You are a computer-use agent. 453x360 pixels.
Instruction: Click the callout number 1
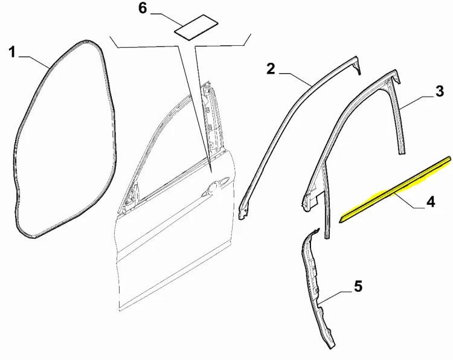pyautogui.click(x=12, y=53)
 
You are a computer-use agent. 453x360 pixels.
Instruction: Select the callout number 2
pyautogui.click(x=271, y=69)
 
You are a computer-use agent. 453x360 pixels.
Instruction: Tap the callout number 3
pyautogui.click(x=439, y=91)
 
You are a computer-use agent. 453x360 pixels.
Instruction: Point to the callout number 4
pyautogui.click(x=430, y=201)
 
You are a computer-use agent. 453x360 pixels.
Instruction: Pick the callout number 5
pyautogui.click(x=358, y=286)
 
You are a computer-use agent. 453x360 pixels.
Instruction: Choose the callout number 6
pyautogui.click(x=143, y=8)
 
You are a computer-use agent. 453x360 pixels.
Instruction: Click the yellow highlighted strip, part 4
pyautogui.click(x=394, y=190)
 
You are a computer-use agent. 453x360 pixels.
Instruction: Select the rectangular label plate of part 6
pyautogui.click(x=196, y=27)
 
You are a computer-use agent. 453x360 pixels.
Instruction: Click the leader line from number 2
pyautogui.click(x=295, y=79)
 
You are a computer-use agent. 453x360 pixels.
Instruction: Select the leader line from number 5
pyautogui.click(x=336, y=297)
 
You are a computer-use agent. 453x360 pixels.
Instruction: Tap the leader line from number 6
pyautogui.click(x=166, y=19)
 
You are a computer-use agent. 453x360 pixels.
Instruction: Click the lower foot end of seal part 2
pyautogui.click(x=243, y=213)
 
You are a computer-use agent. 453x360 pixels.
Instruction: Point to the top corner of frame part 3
pyautogui.click(x=394, y=71)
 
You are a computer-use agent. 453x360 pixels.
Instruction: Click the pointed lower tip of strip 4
pyautogui.click(x=339, y=222)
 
